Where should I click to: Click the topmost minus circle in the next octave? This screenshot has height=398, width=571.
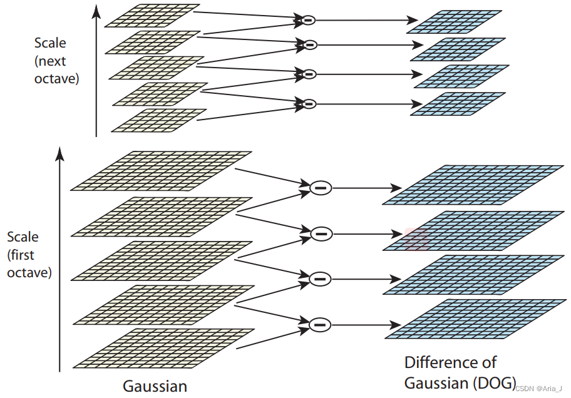pos(307,21)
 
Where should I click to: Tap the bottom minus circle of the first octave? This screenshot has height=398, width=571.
pos(320,324)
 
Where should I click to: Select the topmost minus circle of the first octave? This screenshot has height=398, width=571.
pos(321,186)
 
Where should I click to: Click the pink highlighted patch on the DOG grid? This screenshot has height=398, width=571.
pos(416,239)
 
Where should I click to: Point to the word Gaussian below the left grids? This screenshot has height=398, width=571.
pos(155,385)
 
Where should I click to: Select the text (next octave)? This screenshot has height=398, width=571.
pos(57,70)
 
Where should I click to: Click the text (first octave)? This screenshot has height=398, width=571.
pos(29,264)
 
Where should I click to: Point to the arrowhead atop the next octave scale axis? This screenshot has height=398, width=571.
pos(95,9)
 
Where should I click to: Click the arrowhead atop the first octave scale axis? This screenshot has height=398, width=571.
pos(59,152)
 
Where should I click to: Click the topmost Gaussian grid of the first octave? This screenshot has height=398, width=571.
pos(162,170)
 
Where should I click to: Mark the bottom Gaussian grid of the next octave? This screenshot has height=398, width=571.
pos(158,121)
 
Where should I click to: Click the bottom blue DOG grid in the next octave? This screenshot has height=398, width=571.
pos(457,103)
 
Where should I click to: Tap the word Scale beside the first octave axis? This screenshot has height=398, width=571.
pos(23,237)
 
